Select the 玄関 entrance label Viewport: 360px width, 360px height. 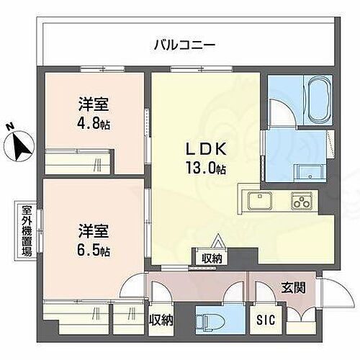coord(292,289)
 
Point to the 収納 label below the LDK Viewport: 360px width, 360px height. coord(212,258)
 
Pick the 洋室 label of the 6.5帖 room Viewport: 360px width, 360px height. coord(94,232)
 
